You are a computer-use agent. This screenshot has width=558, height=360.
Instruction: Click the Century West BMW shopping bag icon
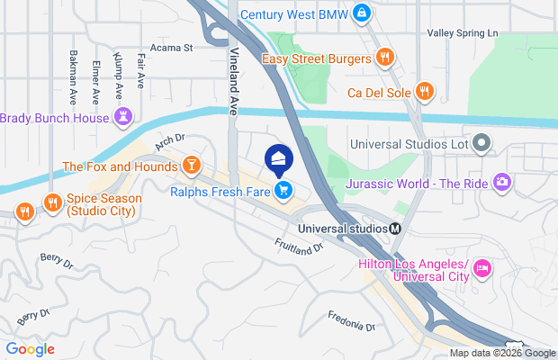pyautogui.click(x=361, y=13)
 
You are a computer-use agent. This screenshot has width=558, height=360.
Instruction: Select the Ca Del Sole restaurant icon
pyautogui.click(x=424, y=91)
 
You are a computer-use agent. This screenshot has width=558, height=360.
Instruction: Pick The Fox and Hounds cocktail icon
pyautogui.click(x=191, y=166)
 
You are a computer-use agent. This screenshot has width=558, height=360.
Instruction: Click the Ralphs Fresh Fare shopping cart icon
pyautogui.click(x=283, y=189)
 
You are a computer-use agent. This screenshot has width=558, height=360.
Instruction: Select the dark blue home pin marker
pyautogui.click(x=278, y=159)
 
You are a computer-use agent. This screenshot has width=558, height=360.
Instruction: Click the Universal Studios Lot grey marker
pyautogui.click(x=482, y=142)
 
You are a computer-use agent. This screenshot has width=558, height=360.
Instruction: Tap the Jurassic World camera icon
pyautogui.click(x=502, y=183)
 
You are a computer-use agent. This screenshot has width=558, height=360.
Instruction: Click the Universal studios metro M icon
pyautogui.click(x=395, y=228)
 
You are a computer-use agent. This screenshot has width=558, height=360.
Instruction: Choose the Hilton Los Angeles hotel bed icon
pyautogui.click(x=482, y=268)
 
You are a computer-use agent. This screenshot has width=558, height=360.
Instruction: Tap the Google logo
pyautogui.click(x=30, y=349)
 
